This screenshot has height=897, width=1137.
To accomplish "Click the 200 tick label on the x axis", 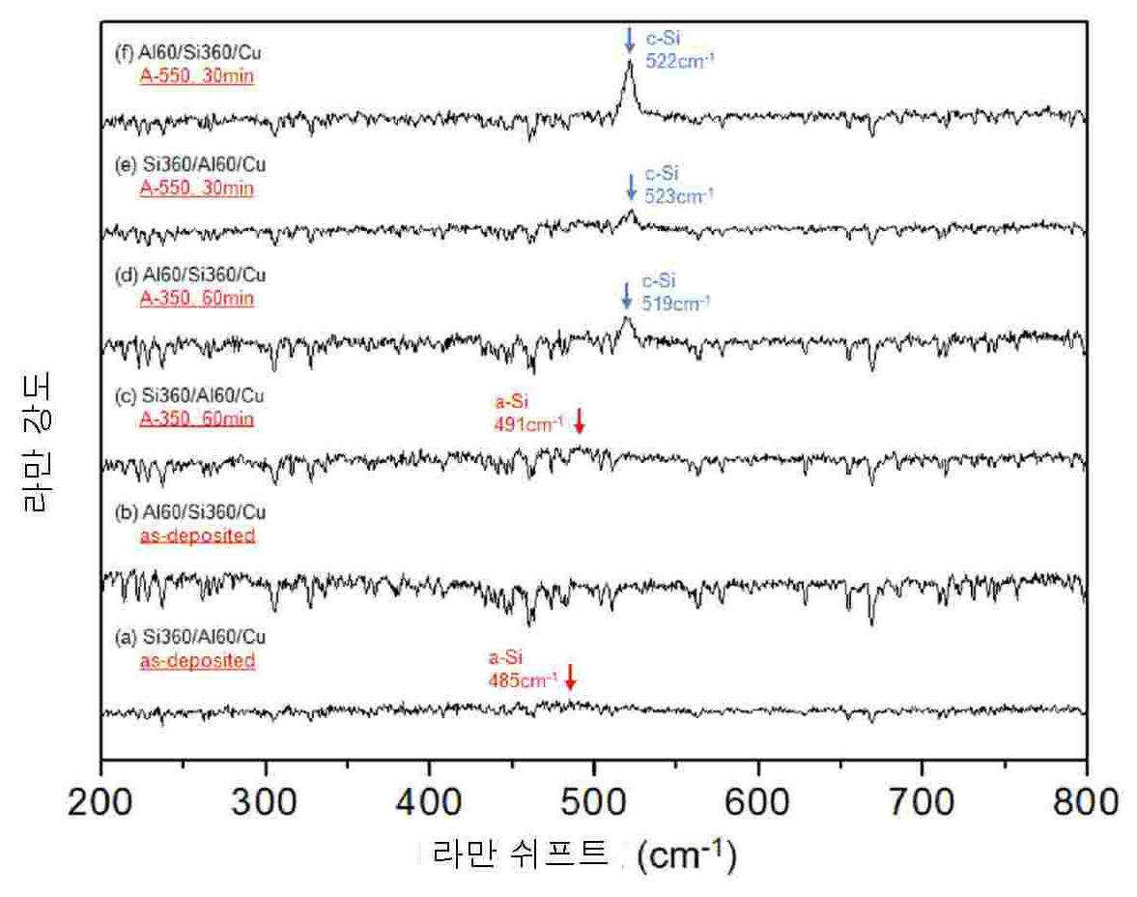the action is tap(100, 802).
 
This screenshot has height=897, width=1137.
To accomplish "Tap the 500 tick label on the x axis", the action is tap(593, 802).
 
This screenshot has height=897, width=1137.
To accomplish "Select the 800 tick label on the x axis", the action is tap(1086, 802).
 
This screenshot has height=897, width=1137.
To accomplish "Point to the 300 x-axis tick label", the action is tap(265, 802).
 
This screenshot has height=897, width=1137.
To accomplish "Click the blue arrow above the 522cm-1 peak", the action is tap(630, 40).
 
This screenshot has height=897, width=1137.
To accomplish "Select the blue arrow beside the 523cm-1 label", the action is tap(631, 187).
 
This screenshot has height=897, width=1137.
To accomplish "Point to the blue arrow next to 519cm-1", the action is tap(627, 296).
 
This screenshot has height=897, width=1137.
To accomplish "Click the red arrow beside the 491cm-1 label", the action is tap(579, 420).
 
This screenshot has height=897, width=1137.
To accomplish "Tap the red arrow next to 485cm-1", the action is tap(570, 677).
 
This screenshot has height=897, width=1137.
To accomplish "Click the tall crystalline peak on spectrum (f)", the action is tap(630, 80).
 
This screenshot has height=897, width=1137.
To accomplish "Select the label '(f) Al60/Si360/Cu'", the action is tap(188, 53).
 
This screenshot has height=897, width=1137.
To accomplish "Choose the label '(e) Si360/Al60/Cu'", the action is tap(190, 164).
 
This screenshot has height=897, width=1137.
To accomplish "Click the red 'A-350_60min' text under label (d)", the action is tap(196, 299).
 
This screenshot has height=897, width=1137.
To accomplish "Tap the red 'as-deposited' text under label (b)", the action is tap(197, 535).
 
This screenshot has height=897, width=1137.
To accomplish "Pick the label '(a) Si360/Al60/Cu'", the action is tap(190, 637).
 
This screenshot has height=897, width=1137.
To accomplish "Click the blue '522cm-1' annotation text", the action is tap(679, 61).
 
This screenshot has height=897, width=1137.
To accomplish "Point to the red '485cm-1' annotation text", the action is tap(523, 680).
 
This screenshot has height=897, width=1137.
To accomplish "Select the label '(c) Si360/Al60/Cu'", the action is tap(189, 396).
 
